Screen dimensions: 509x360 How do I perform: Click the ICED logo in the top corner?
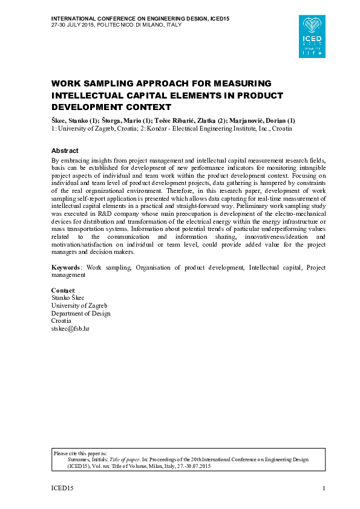(314, 36)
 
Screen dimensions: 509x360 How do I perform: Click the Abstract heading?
(65, 151)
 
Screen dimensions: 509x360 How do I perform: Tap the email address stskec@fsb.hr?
(70, 328)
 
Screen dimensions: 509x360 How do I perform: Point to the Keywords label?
(67, 267)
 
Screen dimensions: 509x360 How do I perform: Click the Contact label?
(63, 291)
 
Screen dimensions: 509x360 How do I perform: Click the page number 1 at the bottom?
(324, 488)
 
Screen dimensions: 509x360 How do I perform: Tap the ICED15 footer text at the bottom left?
(62, 488)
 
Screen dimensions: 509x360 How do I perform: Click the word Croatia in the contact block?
(61, 321)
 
